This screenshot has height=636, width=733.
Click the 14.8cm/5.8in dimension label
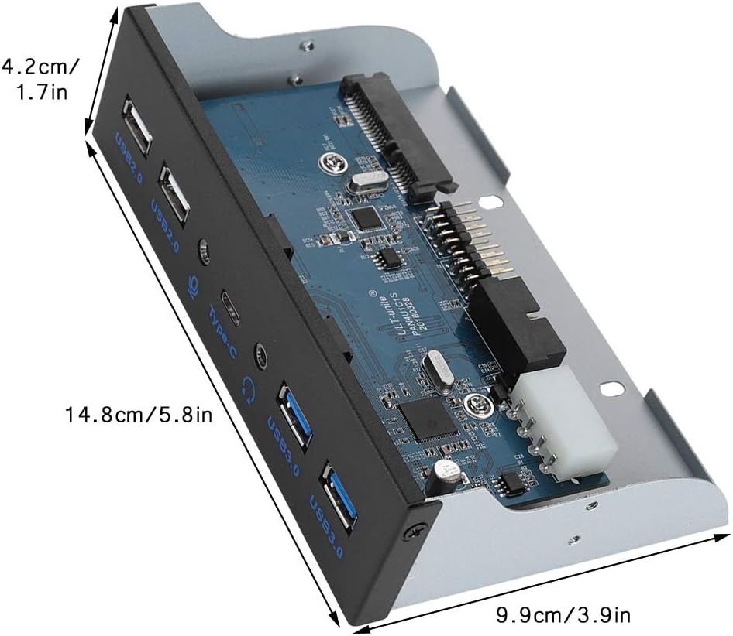click(x=138, y=415)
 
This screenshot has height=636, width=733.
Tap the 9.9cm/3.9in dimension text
click(x=563, y=615)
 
